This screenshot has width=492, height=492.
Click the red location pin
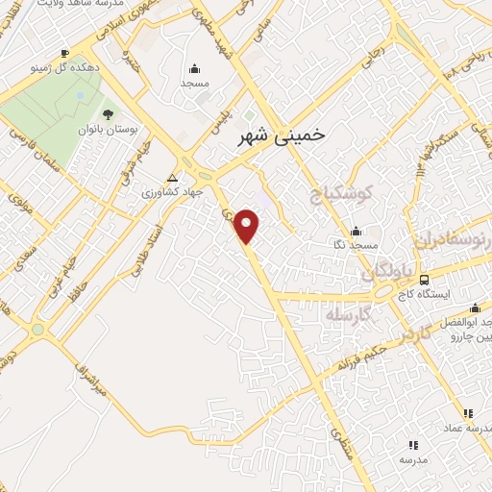click(x=248, y=226)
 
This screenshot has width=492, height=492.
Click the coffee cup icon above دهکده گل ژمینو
click(x=64, y=53)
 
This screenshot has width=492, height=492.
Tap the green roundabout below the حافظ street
click(x=38, y=330)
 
